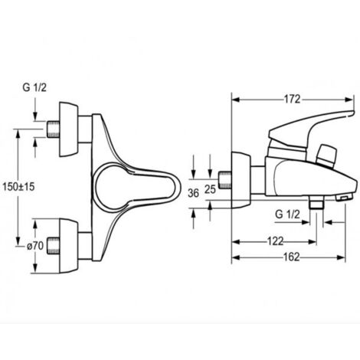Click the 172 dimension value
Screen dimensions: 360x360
tap(293, 99)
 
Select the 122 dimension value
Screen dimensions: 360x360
tap(276, 241)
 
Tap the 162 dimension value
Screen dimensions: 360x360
tap(292, 257)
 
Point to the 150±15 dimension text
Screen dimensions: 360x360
tap(18, 187)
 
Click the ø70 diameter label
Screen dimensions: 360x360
tap(35, 246)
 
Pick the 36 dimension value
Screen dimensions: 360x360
tap(193, 193)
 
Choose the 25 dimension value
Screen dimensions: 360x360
tap(211, 189)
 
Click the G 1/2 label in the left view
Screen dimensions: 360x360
tap(34, 87)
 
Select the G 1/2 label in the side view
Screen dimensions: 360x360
tap(287, 214)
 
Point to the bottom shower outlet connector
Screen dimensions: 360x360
tap(316, 203)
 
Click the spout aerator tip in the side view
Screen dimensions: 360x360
tap(344, 198)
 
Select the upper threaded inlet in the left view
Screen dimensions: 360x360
tap(54, 129)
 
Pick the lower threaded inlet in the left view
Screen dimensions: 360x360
tap(53, 246)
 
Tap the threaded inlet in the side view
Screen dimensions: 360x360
tap(225, 181)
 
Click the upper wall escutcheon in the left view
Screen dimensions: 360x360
tap(69, 129)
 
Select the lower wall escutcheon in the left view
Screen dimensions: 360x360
tap(69, 246)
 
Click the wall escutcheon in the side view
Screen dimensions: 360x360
tap(241, 180)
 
